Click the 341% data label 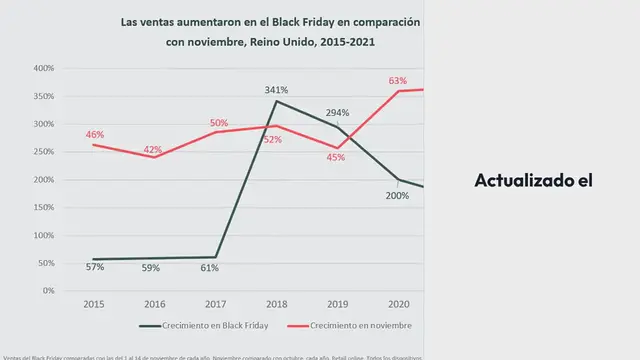coord(275,89)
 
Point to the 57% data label coord(95,267)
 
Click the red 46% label coord(95,134)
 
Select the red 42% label coord(153,150)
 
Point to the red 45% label coord(336,157)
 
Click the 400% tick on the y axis coord(43,69)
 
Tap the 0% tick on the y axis coord(47,291)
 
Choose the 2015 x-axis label coord(93,303)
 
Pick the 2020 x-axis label coord(397,303)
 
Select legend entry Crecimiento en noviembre coord(351,326)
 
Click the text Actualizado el coord(534,181)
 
